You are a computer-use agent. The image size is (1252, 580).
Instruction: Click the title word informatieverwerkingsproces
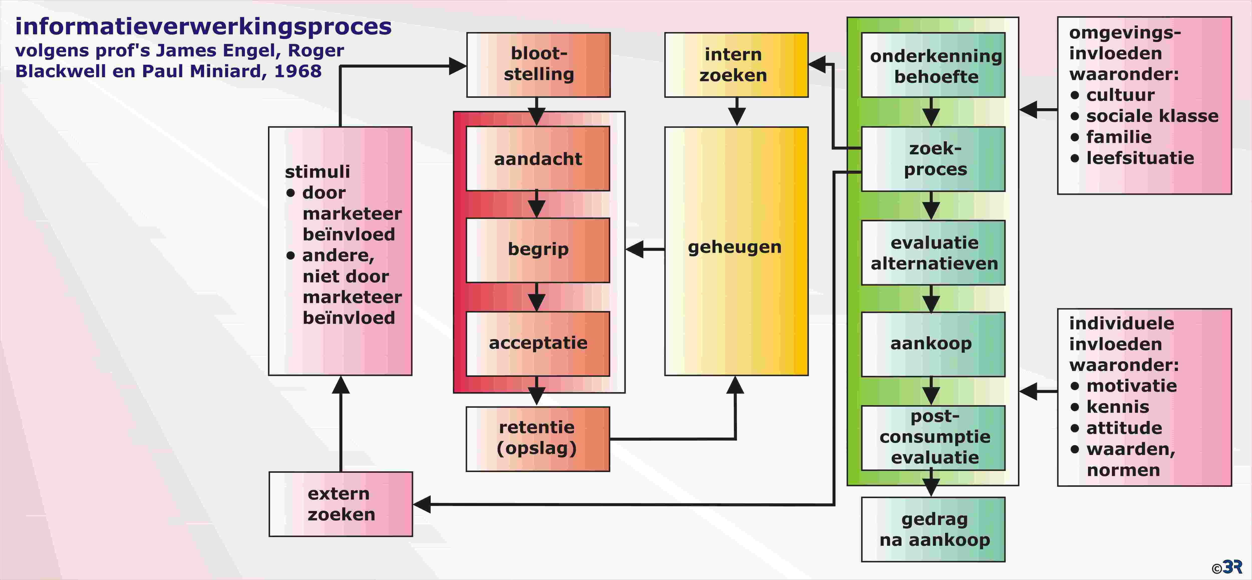[203, 27]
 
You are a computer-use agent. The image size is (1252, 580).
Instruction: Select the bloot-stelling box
[539, 65]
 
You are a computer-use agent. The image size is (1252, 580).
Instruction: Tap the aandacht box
[538, 159]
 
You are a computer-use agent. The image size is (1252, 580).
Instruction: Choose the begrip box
[538, 250]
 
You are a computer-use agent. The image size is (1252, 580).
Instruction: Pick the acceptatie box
[538, 343]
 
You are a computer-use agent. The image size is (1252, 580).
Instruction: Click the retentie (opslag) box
[538, 438]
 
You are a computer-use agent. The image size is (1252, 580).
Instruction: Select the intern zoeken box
[736, 65]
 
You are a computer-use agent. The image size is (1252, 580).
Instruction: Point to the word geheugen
[734, 248]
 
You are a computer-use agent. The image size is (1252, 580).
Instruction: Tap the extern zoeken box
[341, 504]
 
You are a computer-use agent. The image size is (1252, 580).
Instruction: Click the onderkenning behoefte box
[933, 65]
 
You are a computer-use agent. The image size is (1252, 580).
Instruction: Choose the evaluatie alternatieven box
[933, 252]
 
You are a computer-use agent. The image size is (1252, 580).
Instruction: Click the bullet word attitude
[1124, 428]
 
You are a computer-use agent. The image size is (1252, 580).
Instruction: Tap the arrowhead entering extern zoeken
[422, 504]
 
